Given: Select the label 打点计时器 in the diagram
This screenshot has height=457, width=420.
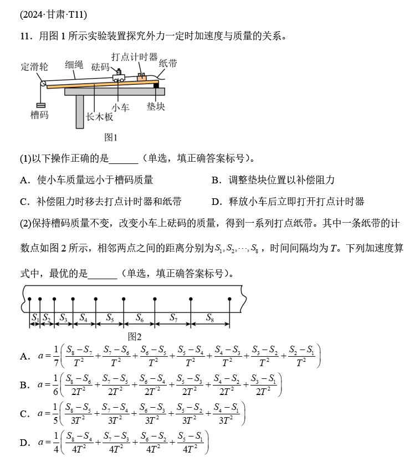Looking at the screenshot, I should [x=134, y=57].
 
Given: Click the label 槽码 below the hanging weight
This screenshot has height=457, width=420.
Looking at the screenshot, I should [x=39, y=115].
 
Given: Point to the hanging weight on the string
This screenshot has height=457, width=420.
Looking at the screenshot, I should [x=40, y=105].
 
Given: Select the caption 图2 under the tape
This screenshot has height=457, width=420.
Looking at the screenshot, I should [x=135, y=336].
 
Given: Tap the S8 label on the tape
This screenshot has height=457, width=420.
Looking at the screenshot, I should [x=210, y=318].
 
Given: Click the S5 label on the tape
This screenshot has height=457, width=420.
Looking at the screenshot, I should [x=110, y=318].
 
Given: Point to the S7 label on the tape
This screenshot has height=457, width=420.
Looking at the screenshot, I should [x=173, y=318].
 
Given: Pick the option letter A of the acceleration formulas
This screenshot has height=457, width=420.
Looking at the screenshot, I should [x=24, y=356].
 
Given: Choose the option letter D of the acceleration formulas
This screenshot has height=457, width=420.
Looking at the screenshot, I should [x=24, y=442].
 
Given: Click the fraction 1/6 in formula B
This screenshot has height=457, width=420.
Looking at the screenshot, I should [x=55, y=384].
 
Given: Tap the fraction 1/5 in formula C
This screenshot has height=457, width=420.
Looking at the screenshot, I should [x=55, y=413].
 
